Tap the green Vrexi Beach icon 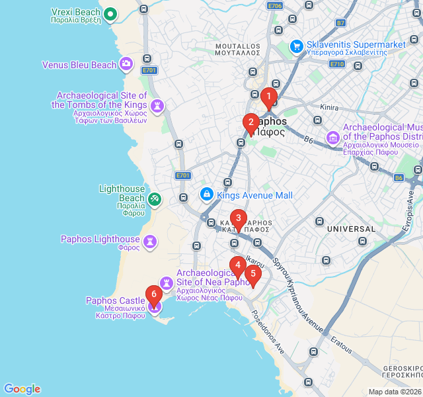tap(110, 13)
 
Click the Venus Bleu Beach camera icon tap(126, 65)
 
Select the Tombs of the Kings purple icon tap(157, 105)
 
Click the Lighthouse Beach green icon tap(154, 198)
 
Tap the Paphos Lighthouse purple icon tap(151, 240)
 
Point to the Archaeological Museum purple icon tap(332, 138)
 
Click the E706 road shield tap(275, 5)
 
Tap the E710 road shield tap(337, 64)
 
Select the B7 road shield tap(341, 23)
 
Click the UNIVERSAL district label tap(350, 229)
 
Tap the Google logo tap(22, 389)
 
